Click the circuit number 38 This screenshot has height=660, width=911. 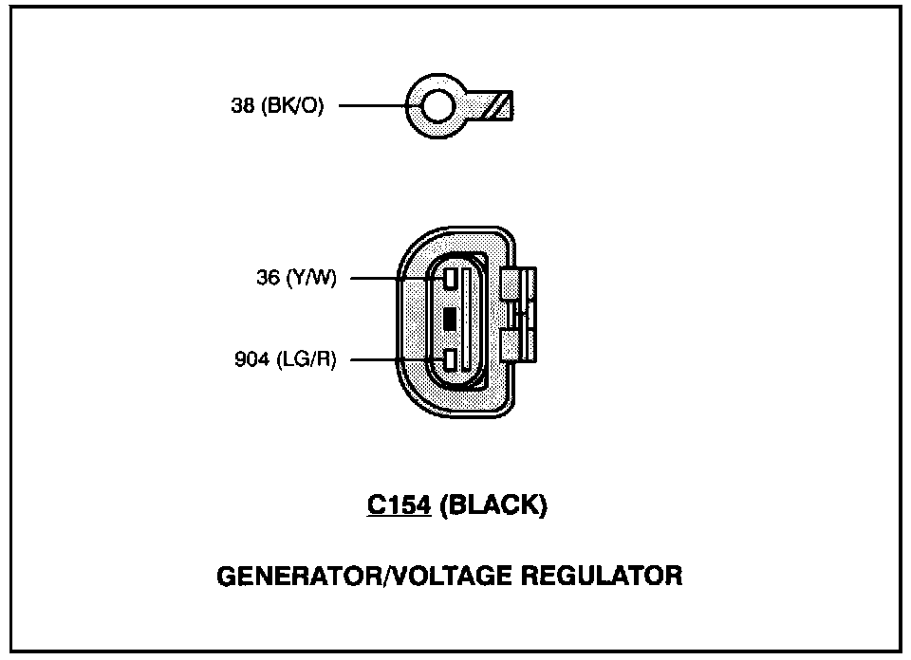[241, 107]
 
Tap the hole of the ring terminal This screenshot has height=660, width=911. [437, 107]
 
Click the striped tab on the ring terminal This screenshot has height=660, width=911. [497, 106]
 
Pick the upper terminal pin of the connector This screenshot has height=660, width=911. [450, 279]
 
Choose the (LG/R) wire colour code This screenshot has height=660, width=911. [307, 360]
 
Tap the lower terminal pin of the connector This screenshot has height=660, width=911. [450, 359]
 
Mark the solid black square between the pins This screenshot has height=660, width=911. [450, 320]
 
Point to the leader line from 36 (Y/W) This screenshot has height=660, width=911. [389, 279]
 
